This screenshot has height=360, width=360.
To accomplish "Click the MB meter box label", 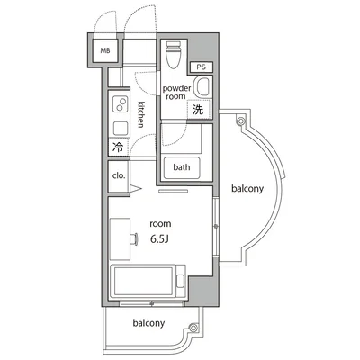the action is pos(105,50).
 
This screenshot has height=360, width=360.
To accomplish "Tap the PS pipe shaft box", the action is pos(202,67).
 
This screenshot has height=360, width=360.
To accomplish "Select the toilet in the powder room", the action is pos(174,55).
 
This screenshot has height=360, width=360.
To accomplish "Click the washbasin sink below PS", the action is pos(202,87).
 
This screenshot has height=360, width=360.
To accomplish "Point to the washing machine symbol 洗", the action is pos(198,110).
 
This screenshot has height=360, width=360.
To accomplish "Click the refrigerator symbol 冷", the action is pos(118,147).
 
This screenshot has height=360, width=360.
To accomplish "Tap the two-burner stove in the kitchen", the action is pos(120,103).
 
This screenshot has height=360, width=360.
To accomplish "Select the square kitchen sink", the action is pos(121,128).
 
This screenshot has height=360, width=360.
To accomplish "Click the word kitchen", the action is pos(140,115).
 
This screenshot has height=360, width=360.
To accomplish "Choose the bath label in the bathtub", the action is pos(182,167).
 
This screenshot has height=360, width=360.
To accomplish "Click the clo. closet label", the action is pos(119,175).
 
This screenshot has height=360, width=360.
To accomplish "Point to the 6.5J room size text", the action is pos(160,238).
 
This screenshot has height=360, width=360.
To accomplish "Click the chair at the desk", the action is pos(134,239).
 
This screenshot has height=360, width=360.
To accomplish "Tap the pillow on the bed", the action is pos(180,281).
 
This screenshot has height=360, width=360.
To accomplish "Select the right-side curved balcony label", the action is pos(247,189).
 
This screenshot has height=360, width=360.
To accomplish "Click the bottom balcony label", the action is pos(148,323).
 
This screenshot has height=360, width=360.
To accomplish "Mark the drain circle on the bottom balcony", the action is pos(193,328).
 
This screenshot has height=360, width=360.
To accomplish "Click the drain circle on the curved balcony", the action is pos(240,121).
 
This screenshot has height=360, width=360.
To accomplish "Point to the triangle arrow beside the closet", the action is pos(135,189).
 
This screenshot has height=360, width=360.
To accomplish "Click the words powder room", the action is pos(176,93).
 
